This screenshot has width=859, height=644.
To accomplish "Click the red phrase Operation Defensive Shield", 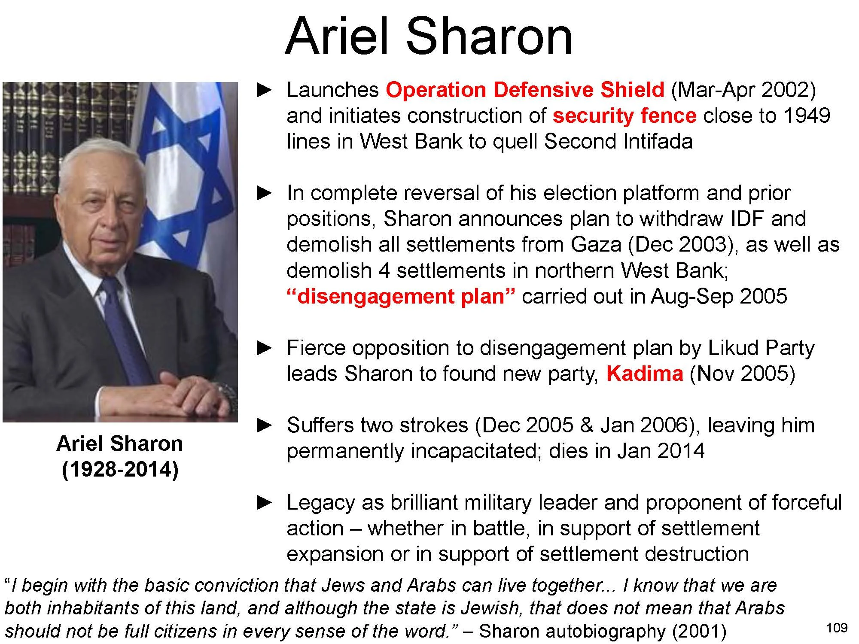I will point(525,90).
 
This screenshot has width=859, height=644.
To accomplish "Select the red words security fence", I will point(624,116).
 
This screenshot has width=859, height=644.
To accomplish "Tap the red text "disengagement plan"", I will point(400,297).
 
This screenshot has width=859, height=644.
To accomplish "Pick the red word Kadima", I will point(644,374).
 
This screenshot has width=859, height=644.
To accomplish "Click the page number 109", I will point(837,628).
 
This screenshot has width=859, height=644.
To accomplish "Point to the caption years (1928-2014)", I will point(120,469).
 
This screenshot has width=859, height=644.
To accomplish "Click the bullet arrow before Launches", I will point(264,90).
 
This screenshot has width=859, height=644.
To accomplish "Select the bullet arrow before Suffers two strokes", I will point(264,425).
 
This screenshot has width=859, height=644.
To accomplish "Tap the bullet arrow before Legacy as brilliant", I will point(264,503).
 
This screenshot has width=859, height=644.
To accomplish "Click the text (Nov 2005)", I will point(742,374).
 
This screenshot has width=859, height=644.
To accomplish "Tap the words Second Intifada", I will point(618,142).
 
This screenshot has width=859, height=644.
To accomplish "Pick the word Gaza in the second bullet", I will point(596,245).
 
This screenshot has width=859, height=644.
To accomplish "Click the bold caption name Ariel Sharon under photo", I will point(120,444).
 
